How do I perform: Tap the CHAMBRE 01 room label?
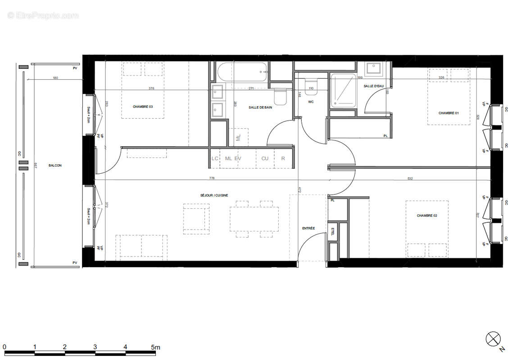[448, 113]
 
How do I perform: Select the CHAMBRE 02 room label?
[426, 216]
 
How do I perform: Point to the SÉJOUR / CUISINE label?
[214, 195]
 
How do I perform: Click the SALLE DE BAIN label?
[260, 108]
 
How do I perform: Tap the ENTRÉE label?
[308, 228]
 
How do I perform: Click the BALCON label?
[55, 166]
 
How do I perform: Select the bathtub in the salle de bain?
[242, 71]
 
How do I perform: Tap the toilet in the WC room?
[311, 86]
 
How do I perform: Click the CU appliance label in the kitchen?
[265, 158]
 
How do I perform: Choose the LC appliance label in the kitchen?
[215, 158]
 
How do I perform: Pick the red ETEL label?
[333, 232]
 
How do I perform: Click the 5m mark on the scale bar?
[155, 347]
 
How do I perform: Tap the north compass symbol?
[493, 338]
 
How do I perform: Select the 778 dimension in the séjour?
[212, 179]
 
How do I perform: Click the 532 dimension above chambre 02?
[410, 179]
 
